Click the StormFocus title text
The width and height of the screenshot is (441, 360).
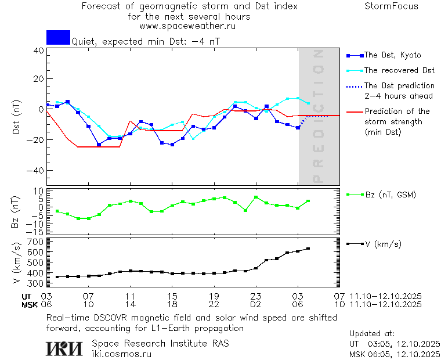coord(391,6)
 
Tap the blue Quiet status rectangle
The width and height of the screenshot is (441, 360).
coord(58,37)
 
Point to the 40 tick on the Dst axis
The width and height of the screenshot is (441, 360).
coord(38,51)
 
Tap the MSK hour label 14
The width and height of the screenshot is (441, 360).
coord(131,304)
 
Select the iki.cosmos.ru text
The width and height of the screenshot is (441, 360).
coord(121,353)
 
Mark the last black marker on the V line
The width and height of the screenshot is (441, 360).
coord(308,249)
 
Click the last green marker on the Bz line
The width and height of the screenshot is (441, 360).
coord(308,201)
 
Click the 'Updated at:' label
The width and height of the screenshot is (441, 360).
coord(371,333)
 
